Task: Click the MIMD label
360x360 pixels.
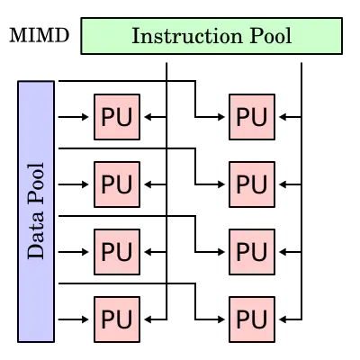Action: click(40, 35)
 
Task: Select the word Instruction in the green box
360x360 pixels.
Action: click(187, 36)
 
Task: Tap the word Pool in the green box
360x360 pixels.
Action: click(271, 36)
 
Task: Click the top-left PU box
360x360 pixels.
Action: click(117, 117)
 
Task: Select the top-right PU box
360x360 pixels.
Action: click(252, 117)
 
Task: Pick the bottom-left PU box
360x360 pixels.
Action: click(117, 319)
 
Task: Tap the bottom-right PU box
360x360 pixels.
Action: click(252, 319)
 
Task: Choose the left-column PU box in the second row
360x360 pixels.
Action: click(117, 184)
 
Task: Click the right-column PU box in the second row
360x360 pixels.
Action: click(252, 184)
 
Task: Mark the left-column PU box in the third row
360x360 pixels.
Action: click(117, 252)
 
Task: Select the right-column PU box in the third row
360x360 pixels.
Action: click(252, 252)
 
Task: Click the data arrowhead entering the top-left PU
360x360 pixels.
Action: click(85, 117)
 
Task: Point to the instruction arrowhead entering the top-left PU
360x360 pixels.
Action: click(148, 117)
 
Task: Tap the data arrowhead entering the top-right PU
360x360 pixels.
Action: click(220, 117)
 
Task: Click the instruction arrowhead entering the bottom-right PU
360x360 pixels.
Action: click(283, 319)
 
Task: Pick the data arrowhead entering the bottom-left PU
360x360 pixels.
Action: click(85, 319)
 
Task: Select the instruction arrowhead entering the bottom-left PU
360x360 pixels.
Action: click(148, 319)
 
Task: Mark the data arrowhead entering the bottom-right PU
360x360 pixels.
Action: click(220, 319)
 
